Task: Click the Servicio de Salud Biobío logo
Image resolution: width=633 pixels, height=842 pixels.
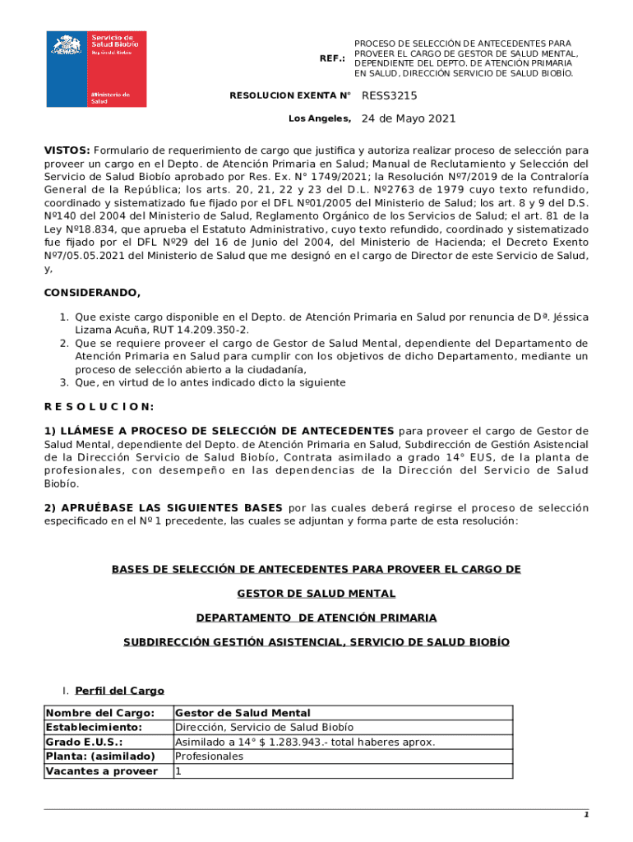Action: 96,68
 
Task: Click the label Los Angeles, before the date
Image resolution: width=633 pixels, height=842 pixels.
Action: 319,118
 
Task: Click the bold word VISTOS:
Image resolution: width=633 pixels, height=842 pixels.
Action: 67,150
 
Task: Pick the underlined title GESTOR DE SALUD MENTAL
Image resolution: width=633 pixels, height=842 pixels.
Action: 316,593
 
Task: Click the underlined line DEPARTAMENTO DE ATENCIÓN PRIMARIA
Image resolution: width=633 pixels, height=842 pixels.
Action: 316,617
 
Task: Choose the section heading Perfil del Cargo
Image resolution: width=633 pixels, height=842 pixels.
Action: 119,691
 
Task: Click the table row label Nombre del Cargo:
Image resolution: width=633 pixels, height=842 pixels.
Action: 99,713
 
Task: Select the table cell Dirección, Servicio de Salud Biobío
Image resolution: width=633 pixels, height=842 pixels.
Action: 264,727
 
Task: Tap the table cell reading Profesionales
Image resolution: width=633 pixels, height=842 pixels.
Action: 209,756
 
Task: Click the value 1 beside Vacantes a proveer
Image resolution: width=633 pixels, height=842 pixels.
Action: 178,770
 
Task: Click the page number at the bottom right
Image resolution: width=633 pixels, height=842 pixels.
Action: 586,815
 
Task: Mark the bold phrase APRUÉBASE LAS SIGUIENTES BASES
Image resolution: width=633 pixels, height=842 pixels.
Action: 171,507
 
